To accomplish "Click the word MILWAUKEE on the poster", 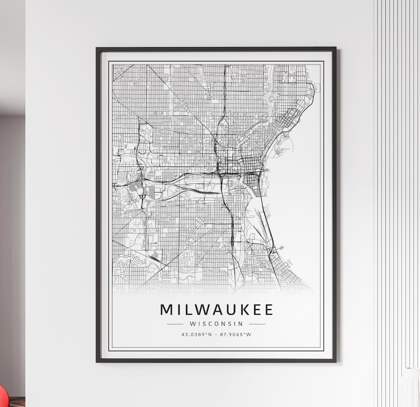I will pyautogui.click(x=216, y=310).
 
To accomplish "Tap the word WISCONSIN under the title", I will pyautogui.click(x=216, y=324).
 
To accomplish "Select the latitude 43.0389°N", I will pyautogui.click(x=196, y=334).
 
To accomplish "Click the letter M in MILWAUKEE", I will pyautogui.click(x=166, y=310).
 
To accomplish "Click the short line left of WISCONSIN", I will pyautogui.click(x=175, y=324).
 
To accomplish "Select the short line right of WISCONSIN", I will pyautogui.click(x=257, y=324).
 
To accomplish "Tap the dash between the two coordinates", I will pyautogui.click(x=216, y=334).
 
